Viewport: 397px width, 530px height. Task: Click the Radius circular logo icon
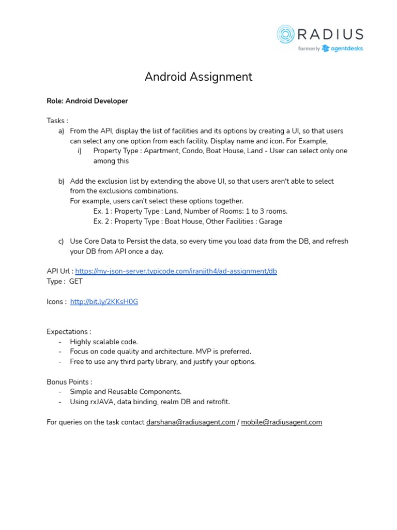point(285,34)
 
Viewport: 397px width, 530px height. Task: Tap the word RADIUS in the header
point(330,35)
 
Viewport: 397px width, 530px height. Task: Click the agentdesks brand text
point(346,49)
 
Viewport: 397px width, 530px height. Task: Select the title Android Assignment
point(198,77)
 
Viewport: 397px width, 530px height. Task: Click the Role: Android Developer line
point(87,101)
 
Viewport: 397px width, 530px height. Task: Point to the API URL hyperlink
point(176,271)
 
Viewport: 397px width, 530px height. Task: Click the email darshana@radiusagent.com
point(191,422)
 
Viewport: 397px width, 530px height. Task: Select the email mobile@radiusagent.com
point(281,422)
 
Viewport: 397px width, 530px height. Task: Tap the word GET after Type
point(75,282)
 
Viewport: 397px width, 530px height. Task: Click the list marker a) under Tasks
point(62,131)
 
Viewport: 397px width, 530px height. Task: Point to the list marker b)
point(62,181)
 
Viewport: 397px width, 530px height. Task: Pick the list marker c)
point(62,241)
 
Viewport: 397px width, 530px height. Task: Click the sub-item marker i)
point(80,151)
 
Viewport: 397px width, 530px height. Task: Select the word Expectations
point(68,332)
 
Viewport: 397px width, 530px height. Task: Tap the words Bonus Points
point(68,382)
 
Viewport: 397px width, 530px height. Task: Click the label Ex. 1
point(102,211)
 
